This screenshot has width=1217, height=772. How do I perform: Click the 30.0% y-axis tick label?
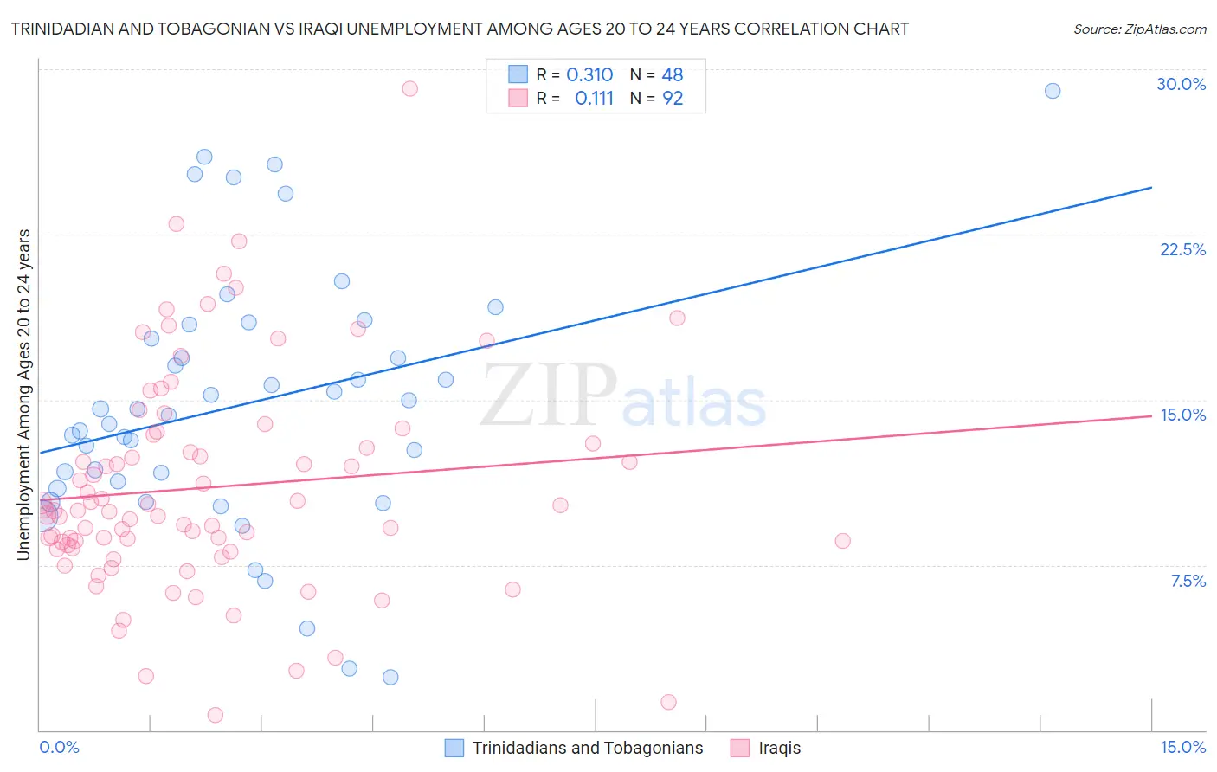click(1181, 84)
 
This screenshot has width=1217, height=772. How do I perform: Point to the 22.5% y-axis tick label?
click(1182, 249)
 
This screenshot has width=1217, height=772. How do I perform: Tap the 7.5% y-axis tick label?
click(1188, 581)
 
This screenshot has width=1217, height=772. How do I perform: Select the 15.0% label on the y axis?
click(1182, 415)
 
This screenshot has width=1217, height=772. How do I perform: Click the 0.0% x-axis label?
click(59, 747)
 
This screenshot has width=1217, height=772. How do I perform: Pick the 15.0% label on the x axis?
click(1182, 747)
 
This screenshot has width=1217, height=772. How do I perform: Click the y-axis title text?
click(24, 394)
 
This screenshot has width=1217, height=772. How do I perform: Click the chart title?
click(460, 29)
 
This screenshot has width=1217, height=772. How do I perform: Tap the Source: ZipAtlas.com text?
click(1139, 29)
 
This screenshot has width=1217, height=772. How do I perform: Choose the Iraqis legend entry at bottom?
click(779, 748)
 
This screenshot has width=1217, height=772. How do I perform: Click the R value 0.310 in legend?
click(589, 75)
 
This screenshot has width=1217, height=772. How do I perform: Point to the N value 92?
click(673, 99)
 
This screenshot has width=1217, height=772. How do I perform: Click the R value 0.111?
click(594, 99)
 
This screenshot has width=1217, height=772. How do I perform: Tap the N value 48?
click(673, 75)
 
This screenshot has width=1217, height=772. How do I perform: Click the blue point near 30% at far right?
click(1053, 91)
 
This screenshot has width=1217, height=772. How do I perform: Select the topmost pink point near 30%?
click(410, 88)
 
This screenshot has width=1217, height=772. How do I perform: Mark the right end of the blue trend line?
click(1152, 187)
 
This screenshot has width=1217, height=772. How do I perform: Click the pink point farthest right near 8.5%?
click(842, 541)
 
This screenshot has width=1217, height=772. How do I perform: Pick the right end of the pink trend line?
click(1152, 415)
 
